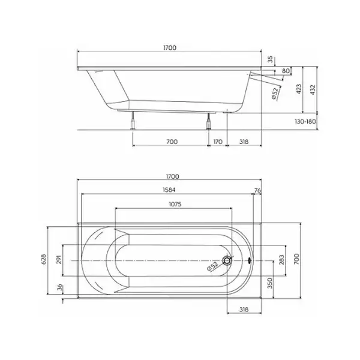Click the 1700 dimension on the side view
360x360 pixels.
point(170,48)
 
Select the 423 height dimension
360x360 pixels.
point(298,89)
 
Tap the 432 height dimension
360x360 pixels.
point(313,89)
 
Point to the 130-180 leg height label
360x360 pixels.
point(305,121)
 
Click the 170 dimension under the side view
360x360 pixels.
point(218,142)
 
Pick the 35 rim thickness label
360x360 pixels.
point(271,59)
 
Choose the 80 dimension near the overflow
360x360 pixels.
point(286,71)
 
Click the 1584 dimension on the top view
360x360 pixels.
point(169,190)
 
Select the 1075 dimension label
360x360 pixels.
point(175,204)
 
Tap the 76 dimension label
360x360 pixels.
point(257,190)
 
